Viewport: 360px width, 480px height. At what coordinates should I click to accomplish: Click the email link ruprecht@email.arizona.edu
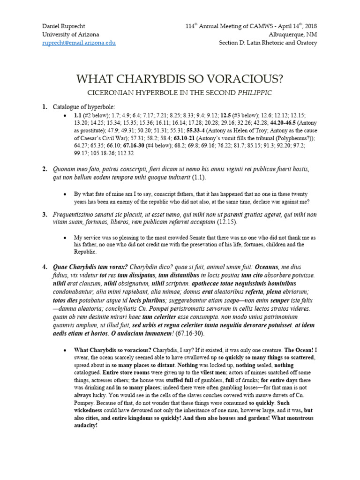coord(79,43)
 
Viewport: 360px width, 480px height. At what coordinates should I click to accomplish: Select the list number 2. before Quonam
coord(45,168)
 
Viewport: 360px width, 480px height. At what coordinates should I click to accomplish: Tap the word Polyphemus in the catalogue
coord(286,139)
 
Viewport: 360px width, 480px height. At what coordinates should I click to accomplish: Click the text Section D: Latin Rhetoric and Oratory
coord(268,43)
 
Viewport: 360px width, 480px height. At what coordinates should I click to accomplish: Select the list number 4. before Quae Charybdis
coord(45,268)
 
